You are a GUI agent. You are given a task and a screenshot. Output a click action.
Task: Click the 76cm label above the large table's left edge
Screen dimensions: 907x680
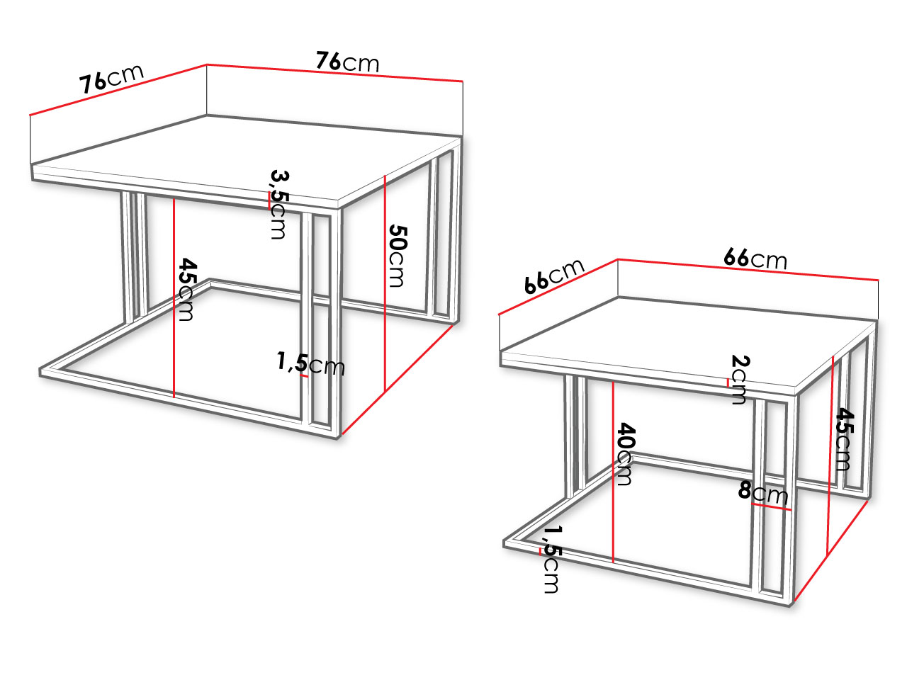(x=111, y=79)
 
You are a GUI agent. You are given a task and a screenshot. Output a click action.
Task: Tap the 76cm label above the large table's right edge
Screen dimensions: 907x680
(x=347, y=62)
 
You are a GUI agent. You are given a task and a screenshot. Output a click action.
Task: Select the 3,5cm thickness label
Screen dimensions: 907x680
(x=278, y=205)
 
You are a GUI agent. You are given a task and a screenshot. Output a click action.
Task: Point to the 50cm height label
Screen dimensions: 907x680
(x=398, y=256)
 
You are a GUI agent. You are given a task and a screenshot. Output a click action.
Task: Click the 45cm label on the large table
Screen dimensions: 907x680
(x=187, y=289)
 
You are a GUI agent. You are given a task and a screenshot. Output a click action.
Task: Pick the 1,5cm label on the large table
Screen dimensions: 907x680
(x=310, y=363)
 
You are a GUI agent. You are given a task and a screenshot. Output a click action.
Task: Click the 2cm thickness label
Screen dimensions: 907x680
(x=739, y=380)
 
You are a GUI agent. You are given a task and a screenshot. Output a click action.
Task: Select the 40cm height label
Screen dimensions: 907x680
(x=625, y=454)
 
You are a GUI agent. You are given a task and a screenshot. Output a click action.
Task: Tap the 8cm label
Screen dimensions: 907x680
(x=762, y=492)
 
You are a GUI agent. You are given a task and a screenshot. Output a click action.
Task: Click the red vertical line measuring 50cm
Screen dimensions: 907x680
(x=385, y=283)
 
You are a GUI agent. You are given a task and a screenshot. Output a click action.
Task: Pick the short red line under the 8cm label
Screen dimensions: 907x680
(x=772, y=507)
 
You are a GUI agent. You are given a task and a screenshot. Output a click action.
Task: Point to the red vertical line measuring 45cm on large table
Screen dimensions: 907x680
(x=174, y=298)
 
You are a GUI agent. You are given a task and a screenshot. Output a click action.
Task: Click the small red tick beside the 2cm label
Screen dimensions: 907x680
(x=728, y=382)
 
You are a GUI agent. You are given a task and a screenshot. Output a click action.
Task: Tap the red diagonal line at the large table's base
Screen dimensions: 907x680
(x=397, y=380)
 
